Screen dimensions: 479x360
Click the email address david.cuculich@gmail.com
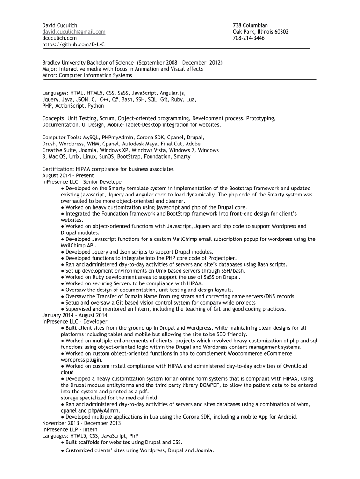(73, 32)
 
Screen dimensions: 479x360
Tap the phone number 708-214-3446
(248, 38)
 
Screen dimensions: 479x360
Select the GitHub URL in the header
(73, 45)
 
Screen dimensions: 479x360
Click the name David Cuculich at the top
(60, 25)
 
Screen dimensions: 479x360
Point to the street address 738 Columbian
(250, 25)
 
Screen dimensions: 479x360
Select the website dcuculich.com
(59, 38)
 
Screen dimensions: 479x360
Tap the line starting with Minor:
(87, 75)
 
